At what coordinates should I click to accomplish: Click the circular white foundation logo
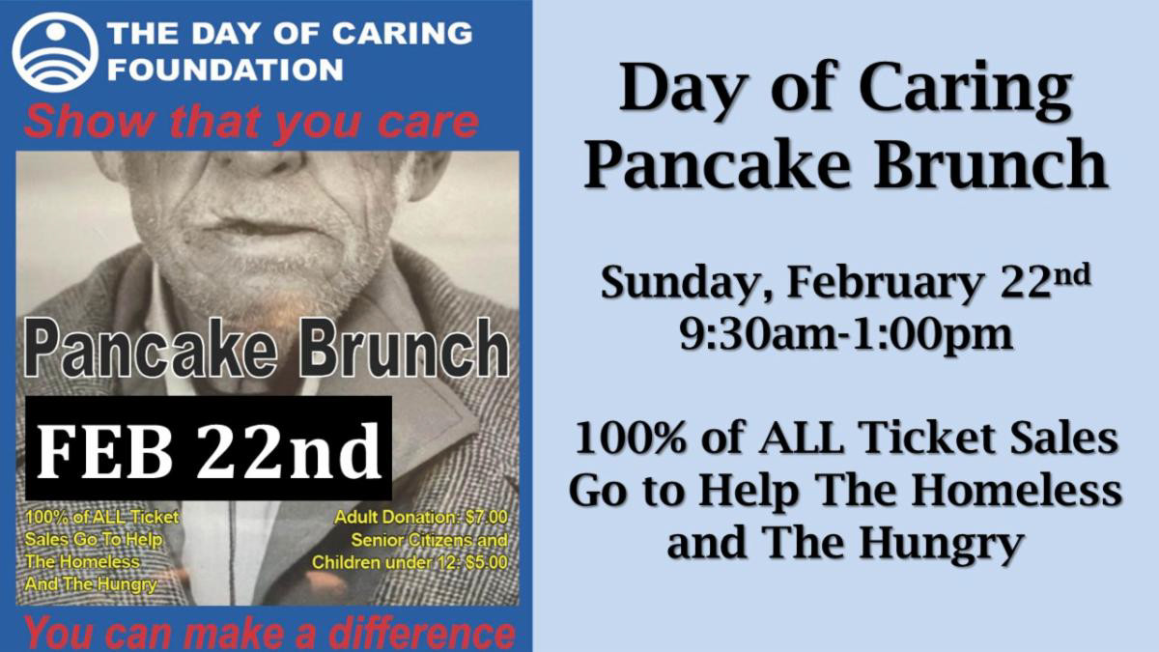point(55,51)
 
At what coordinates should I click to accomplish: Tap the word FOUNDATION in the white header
point(225,70)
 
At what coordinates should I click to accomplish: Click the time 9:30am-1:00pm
point(845,335)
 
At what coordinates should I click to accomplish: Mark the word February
point(878,284)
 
